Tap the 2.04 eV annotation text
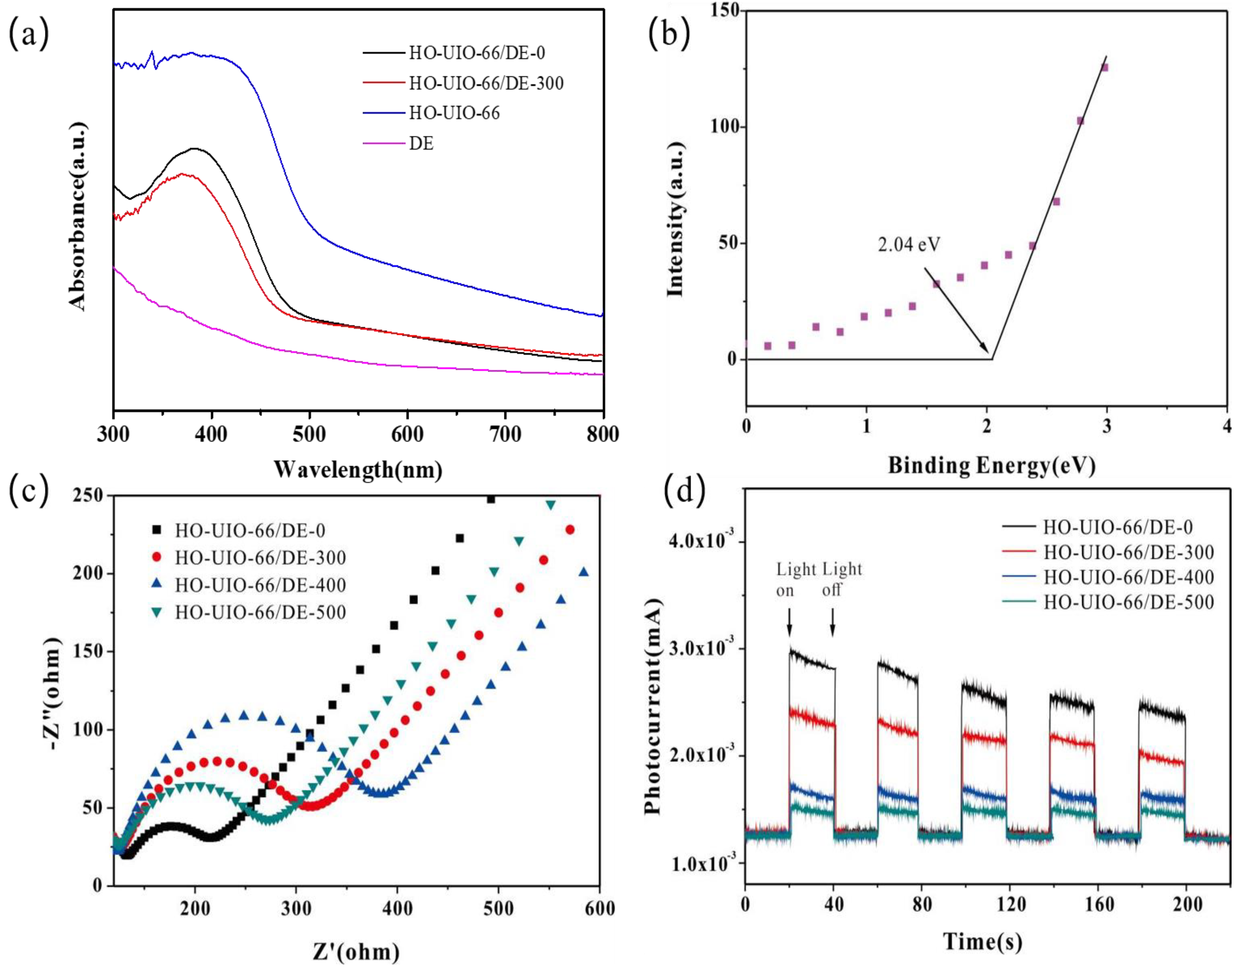point(909,244)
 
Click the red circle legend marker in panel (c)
point(157,558)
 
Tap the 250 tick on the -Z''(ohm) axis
point(88,496)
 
